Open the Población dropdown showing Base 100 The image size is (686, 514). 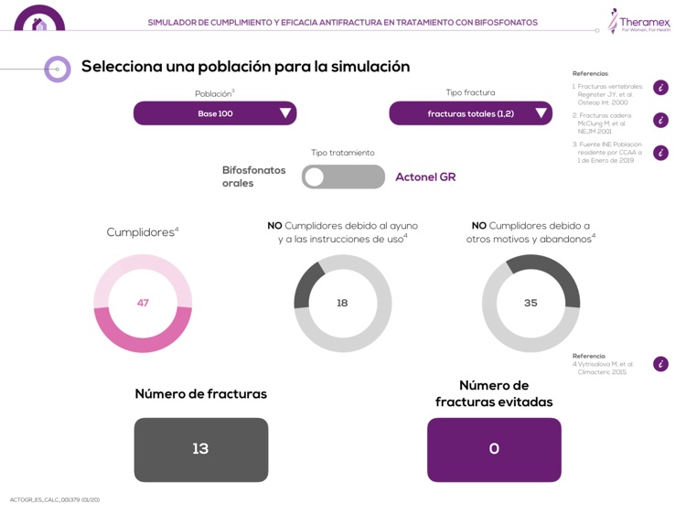pos(215,113)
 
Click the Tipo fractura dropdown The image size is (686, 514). pos(470,113)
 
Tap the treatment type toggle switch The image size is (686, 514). pos(343,177)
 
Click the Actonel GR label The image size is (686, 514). pos(425,177)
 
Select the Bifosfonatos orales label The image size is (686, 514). pos(253,177)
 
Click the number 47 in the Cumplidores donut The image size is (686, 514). pos(143,303)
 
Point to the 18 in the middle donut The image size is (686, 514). pos(342,303)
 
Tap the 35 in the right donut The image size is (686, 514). pos(531,303)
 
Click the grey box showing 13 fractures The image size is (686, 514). pos(201,449)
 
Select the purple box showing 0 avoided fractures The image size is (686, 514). pos(494,449)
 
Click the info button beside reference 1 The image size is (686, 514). pos(660,88)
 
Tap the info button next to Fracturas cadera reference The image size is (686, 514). pos(660,120)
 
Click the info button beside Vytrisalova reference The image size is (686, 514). pos(660,364)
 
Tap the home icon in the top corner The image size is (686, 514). pos(39,23)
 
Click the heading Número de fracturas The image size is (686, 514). pos(201,394)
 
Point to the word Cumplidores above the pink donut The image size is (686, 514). pos(140,232)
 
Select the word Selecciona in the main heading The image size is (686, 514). pos(123,67)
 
